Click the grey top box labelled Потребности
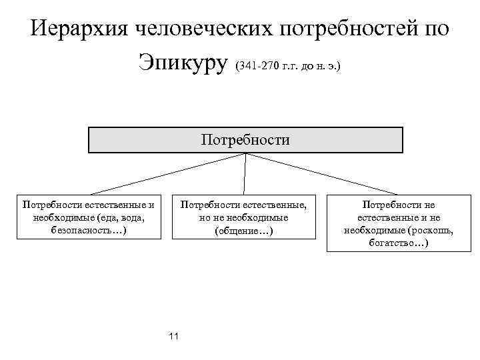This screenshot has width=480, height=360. click(x=245, y=140)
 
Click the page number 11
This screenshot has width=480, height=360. click(x=174, y=336)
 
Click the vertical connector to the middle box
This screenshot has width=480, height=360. click(x=245, y=175)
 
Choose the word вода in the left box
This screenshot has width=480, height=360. click(x=132, y=217)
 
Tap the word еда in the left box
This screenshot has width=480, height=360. click(x=107, y=217)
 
